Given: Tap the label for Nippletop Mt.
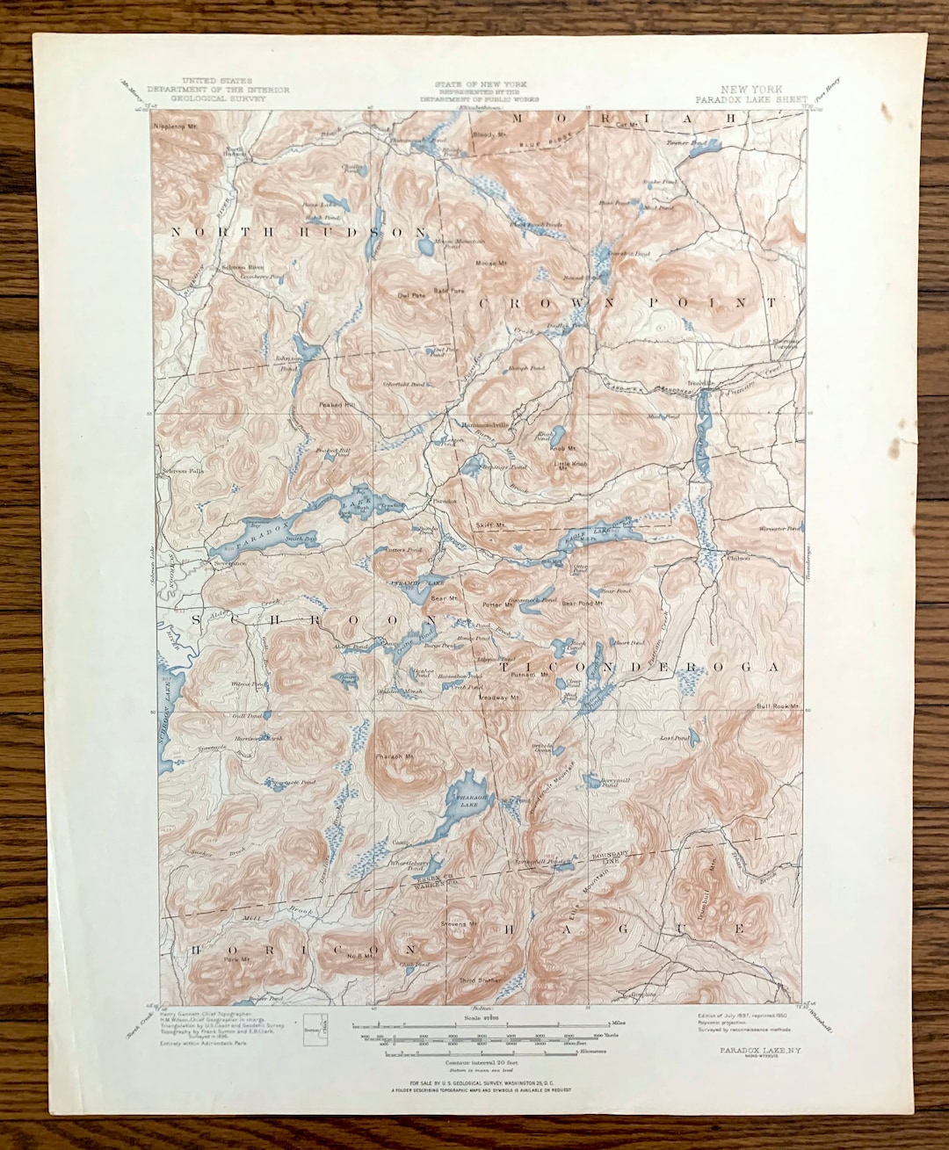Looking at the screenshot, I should coord(174,126).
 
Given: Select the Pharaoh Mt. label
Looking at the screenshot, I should coord(395,756).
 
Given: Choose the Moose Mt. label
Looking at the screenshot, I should coord(490,263).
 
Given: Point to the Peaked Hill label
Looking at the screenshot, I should coord(337,405).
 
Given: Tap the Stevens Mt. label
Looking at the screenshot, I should coord(460,924).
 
